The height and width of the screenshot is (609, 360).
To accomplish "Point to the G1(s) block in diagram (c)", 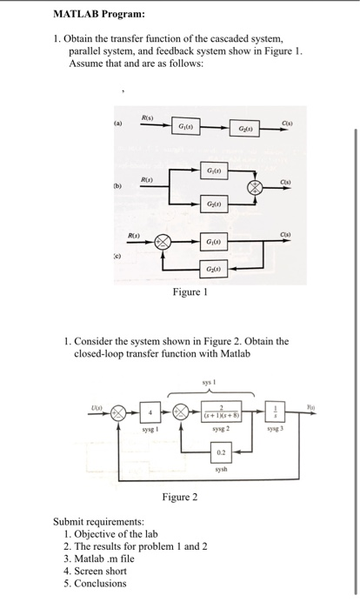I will pyautogui.click(x=212, y=241).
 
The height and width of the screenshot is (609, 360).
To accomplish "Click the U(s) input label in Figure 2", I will pyautogui.click(x=104, y=402).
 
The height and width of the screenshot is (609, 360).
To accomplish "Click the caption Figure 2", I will pyautogui.click(x=180, y=497).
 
